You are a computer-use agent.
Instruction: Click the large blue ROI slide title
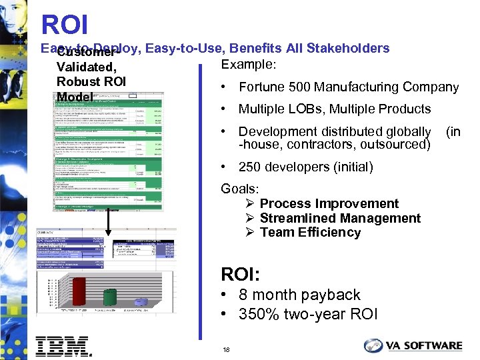tap(65, 25)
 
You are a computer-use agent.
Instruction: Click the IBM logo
tap(63, 345)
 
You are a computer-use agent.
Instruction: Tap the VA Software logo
tap(413, 345)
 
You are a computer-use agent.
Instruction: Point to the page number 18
tap(227, 349)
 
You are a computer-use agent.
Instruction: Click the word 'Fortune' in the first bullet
tap(261, 87)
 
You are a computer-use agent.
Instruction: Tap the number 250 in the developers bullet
tap(249, 167)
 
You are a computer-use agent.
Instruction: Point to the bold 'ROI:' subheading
tap(241, 274)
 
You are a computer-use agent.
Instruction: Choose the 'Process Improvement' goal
tap(329, 203)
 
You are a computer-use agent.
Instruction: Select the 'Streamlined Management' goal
tap(340, 218)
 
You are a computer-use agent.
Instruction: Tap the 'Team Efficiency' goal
tap(310, 232)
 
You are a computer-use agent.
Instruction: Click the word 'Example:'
tap(247, 64)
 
